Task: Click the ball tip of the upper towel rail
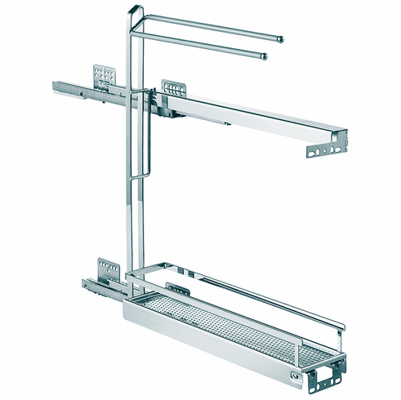point(280,38)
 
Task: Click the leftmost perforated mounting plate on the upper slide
point(102,76)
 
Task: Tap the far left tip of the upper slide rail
point(54,83)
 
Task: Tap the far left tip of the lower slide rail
point(84,283)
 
